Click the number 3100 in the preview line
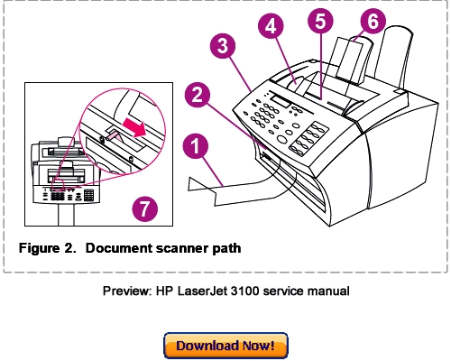point(270,291)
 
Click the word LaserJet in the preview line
point(228,291)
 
